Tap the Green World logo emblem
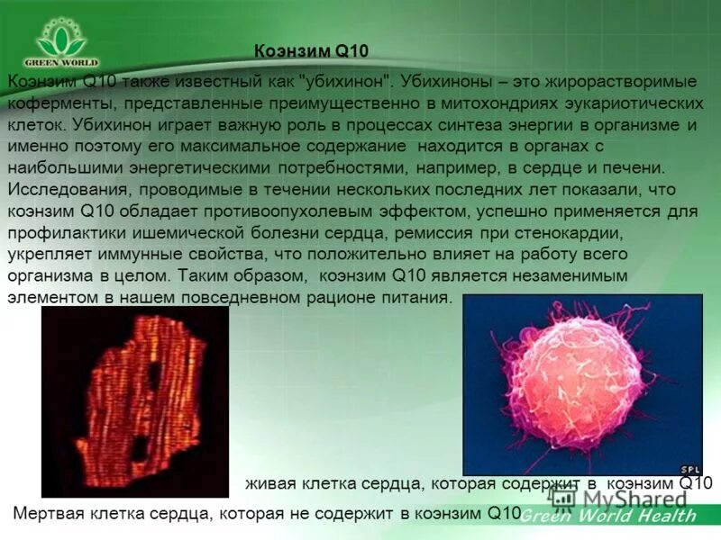coord(61,40)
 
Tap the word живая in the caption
coord(270,484)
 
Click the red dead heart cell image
coord(135,396)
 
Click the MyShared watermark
coord(631,498)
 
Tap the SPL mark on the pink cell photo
coord(689,469)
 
